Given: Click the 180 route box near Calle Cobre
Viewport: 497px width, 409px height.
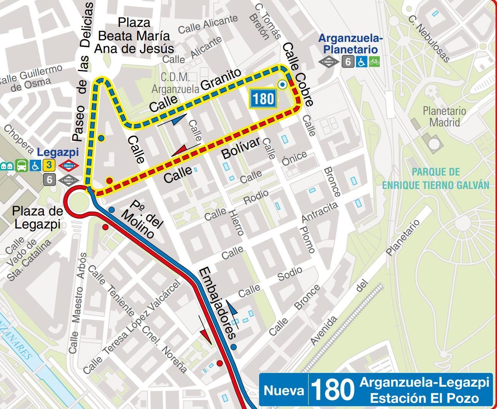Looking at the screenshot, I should click(x=263, y=99).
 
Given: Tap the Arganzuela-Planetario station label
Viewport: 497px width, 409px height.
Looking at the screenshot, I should click(x=350, y=44).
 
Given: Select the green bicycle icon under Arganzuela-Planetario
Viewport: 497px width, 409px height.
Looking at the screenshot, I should click(x=374, y=61).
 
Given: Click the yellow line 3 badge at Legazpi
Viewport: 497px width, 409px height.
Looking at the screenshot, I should click(x=49, y=166).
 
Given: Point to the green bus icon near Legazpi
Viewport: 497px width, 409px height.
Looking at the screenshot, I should click(x=22, y=166).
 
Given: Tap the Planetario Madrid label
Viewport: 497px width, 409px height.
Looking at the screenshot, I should click(x=444, y=117).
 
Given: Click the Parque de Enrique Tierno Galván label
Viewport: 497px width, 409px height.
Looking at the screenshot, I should click(x=435, y=179).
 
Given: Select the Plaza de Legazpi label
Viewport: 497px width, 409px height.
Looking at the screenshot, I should click(x=37, y=217).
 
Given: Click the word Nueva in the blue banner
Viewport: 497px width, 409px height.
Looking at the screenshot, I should click(x=284, y=391).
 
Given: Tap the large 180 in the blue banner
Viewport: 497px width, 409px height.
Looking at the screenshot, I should click(x=332, y=390).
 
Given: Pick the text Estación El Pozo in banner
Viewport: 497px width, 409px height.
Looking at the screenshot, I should click(x=424, y=398).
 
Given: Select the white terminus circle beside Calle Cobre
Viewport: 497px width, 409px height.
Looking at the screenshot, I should click(x=283, y=84).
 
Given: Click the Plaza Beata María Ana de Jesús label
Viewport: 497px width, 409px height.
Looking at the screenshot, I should click(x=134, y=36).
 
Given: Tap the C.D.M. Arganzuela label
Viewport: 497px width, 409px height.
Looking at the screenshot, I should click(x=175, y=83).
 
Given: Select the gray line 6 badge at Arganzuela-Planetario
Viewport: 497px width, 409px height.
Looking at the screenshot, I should click(x=348, y=61).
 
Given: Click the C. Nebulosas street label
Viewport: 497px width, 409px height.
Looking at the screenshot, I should click(x=429, y=38).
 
